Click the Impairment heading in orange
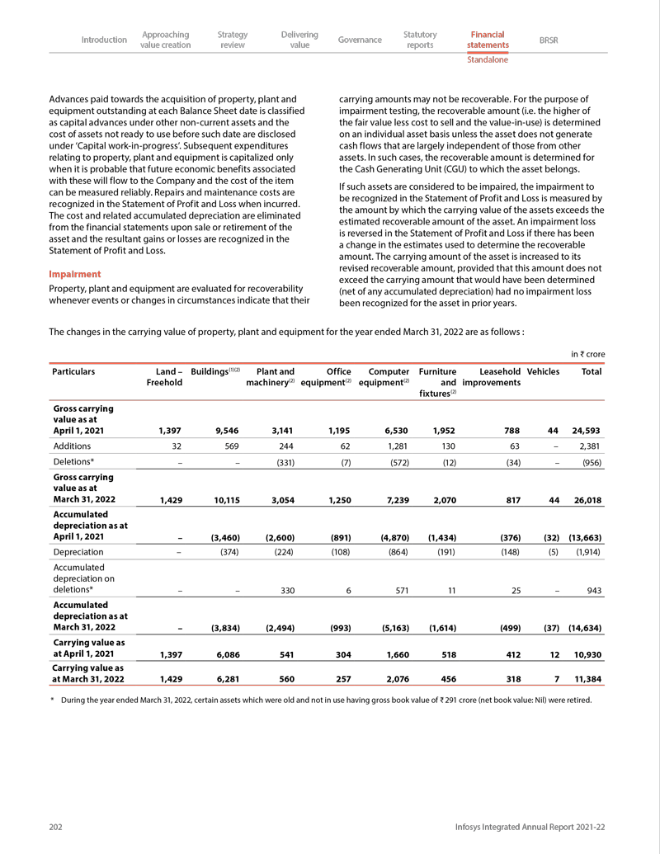coord(75,274)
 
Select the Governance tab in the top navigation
coord(360,40)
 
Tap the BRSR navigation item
coord(549,40)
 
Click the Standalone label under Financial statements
coord(488,60)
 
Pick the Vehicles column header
coord(543,372)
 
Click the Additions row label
coord(72,445)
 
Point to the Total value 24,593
coord(587,430)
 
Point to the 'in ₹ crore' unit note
coord(587,354)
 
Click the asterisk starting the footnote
coord(52,700)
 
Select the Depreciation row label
coord(78,552)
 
